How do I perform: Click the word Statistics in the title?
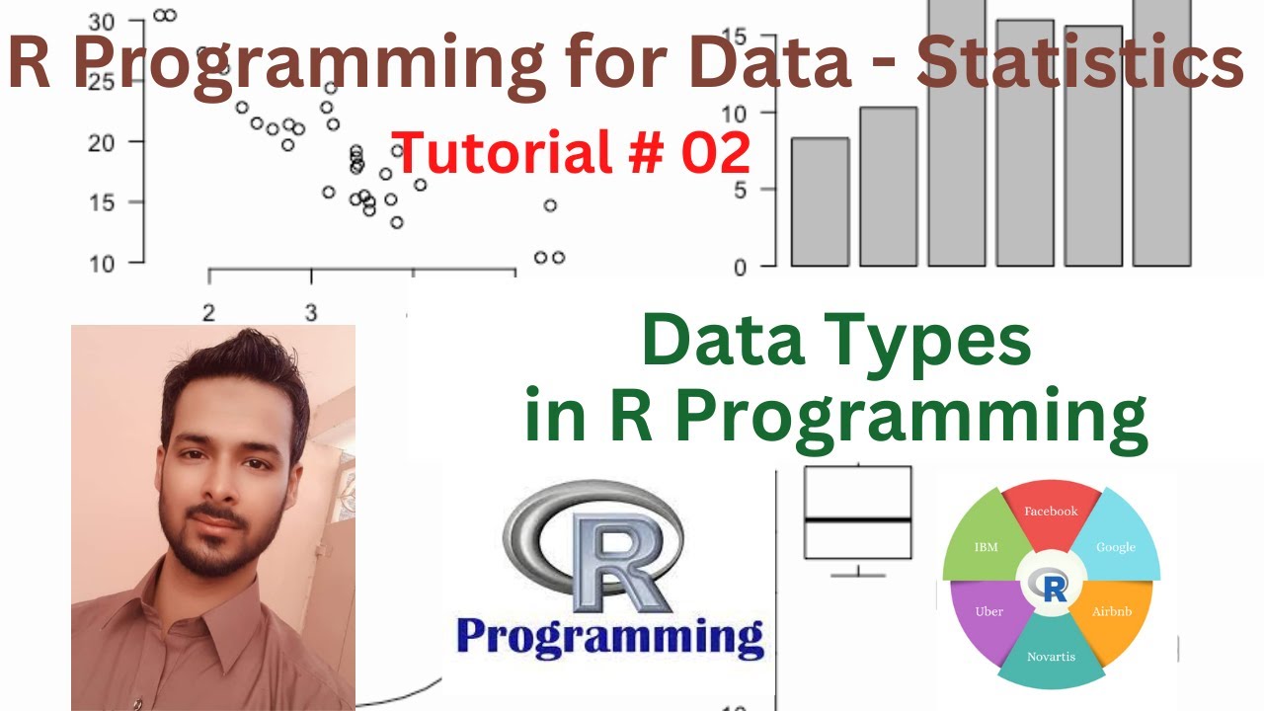1078,61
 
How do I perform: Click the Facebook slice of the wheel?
1051,513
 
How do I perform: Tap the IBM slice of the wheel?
986,546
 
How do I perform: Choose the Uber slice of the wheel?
988,612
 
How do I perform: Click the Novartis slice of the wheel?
1051,654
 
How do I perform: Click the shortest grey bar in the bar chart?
820,201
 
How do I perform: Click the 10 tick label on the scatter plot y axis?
104,263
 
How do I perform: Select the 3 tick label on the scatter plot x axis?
311,313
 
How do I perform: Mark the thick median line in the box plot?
857,518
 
